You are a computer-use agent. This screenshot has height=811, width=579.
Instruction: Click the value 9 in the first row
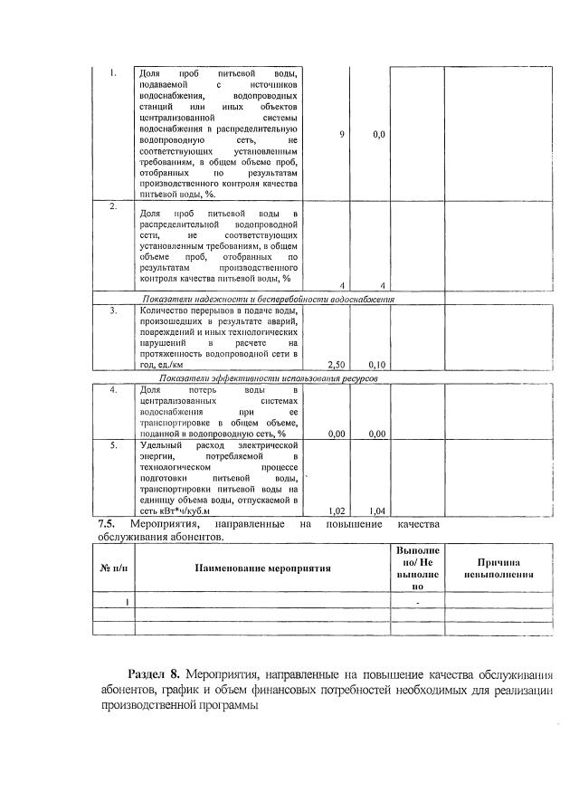pyautogui.click(x=342, y=134)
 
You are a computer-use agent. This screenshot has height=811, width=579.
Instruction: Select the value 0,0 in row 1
pyautogui.click(x=379, y=134)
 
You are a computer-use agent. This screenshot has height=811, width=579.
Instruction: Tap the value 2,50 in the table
pyautogui.click(x=335, y=365)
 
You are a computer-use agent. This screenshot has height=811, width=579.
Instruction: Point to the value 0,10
pyautogui.click(x=379, y=365)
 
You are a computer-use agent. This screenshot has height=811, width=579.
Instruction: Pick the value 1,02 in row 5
pyautogui.click(x=335, y=510)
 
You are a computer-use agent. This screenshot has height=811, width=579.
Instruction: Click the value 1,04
pyautogui.click(x=379, y=510)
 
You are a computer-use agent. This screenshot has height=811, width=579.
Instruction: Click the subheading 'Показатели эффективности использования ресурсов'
pyautogui.click(x=269, y=377)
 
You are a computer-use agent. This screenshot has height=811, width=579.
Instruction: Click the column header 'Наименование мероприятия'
pyautogui.click(x=261, y=568)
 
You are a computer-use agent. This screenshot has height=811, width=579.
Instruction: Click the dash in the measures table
pyautogui.click(x=417, y=602)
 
